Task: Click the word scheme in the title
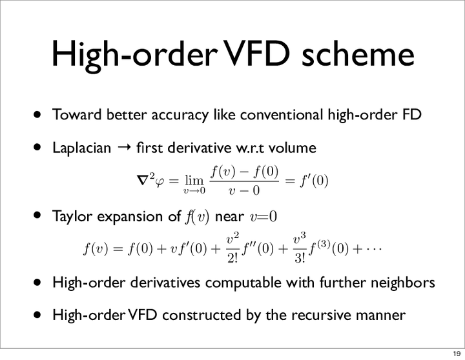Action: tap(358, 54)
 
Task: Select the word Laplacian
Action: tap(82, 148)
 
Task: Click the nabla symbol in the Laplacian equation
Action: tap(142, 181)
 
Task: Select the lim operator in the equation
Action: tap(194, 180)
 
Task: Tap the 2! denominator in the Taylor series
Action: tap(232, 258)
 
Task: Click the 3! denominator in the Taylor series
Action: tap(300, 258)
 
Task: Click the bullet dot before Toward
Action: tap(37, 115)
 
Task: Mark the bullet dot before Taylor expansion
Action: tap(37, 215)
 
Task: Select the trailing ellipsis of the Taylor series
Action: tap(373, 249)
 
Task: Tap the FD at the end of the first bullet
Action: tap(412, 114)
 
